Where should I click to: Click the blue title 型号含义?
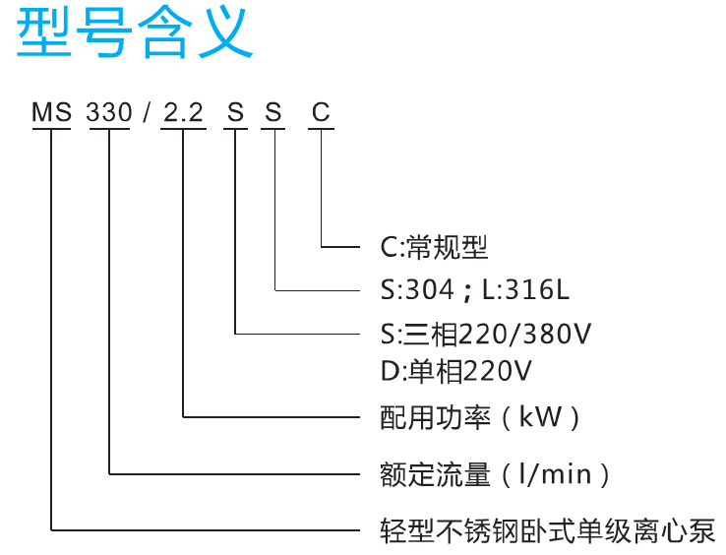(135, 33)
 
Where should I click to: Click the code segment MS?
(51, 112)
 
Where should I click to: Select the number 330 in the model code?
(109, 112)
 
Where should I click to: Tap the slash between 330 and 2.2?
(147, 112)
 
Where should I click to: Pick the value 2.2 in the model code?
(183, 112)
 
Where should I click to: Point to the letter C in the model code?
(321, 112)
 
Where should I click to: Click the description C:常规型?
(434, 247)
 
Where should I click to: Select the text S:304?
(417, 290)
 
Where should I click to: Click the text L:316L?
(525, 290)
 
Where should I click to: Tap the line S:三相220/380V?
(486, 334)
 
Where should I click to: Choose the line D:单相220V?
(456, 371)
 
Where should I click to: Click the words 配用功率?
(435, 417)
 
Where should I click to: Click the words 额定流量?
(435, 475)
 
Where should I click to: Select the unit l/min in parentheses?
(555, 474)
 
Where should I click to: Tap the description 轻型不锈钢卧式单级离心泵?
(548, 531)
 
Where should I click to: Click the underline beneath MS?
(51, 128)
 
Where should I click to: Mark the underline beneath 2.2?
(183, 128)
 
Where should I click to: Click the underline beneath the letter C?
(321, 128)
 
